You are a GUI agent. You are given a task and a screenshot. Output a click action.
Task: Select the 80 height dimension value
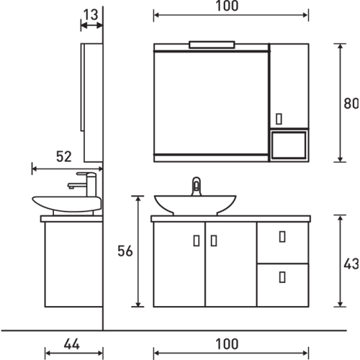tap(352, 104)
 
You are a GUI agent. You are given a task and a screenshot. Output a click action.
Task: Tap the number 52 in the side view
tap(64, 156)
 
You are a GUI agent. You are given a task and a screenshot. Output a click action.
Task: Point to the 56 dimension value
tap(125, 251)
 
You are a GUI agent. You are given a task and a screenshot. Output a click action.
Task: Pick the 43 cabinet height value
tap(352, 263)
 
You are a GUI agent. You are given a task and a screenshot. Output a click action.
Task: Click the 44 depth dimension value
tap(72, 344)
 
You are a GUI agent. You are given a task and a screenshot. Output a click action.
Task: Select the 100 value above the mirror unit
tap(227, 6)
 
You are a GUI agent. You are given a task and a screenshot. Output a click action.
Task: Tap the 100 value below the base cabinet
tap(227, 344)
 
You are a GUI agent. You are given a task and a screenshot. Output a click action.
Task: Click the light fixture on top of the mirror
tap(212, 44)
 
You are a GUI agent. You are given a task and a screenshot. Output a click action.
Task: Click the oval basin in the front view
tap(198, 205)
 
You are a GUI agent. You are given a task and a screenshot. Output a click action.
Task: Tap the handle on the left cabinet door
tap(196, 241)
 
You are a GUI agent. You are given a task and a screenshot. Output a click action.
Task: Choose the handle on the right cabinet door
tap(213, 241)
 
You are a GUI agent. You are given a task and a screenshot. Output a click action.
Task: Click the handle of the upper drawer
tap(282, 236)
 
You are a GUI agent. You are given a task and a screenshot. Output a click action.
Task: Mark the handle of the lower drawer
tap(282, 277)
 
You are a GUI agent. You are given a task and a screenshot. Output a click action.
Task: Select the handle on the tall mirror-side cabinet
tap(278, 118)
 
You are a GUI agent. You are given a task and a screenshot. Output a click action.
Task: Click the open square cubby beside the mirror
tap(289, 145)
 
